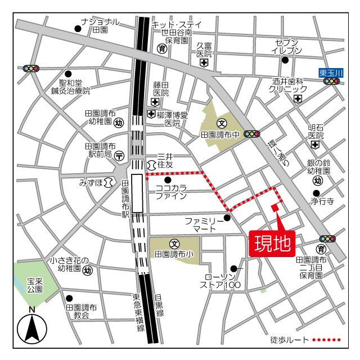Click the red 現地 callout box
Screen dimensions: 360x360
click(x=272, y=244)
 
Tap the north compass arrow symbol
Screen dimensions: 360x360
click(x=32, y=328)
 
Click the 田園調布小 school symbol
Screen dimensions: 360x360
click(x=174, y=244)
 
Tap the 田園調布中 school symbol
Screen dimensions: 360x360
click(x=222, y=123)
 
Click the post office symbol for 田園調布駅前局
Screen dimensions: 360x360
click(x=119, y=155)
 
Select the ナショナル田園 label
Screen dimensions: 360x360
click(x=100, y=25)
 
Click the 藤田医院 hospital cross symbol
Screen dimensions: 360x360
click(x=155, y=102)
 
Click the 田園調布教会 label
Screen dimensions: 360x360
click(x=81, y=312)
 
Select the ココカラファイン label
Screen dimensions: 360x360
click(x=172, y=192)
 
